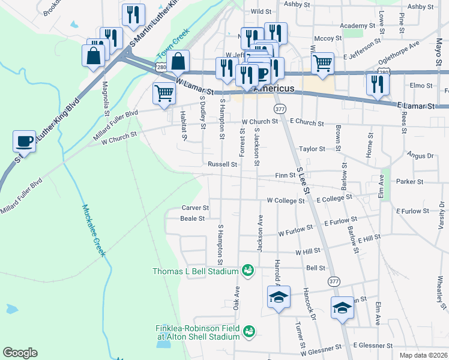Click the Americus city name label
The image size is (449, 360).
click(274, 88)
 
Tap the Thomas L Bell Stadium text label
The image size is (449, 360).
click(196, 271)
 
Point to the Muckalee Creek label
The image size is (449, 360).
click(93, 231)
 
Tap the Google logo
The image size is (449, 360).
click(20, 353)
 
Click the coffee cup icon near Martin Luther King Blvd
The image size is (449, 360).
click(24, 141)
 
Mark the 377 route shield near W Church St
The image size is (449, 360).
click(280, 109)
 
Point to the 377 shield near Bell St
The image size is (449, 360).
click(334, 281)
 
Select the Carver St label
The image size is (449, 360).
click(195, 208)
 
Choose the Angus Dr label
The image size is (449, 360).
click(420, 155)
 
